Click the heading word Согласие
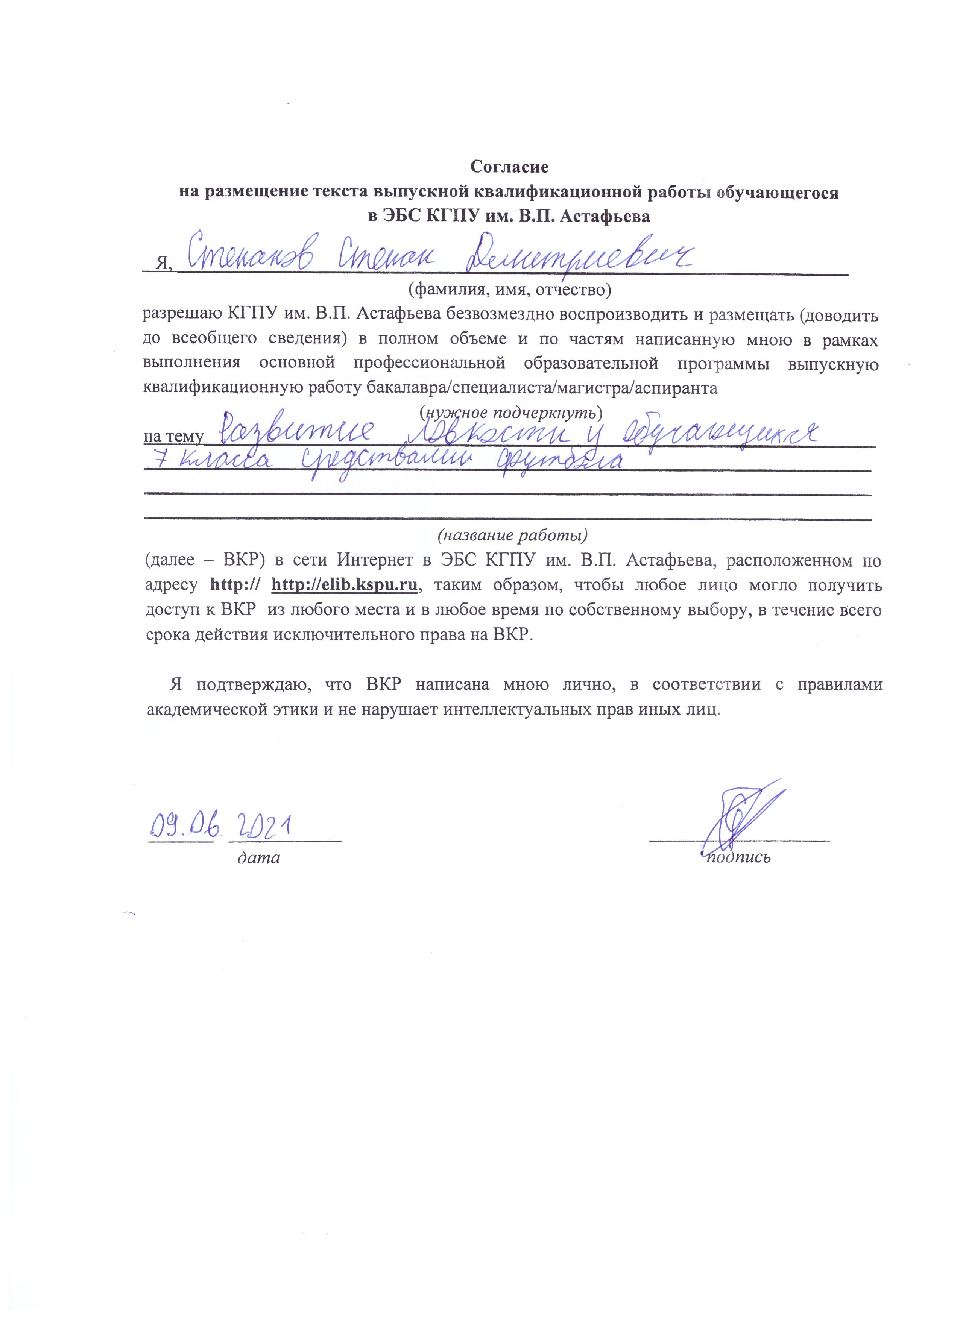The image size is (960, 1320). click(x=509, y=167)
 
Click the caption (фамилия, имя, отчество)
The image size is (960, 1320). click(x=509, y=288)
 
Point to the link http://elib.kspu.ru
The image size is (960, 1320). click(x=345, y=585)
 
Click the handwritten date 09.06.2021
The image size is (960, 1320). click(x=221, y=827)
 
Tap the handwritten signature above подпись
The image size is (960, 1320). click(x=739, y=815)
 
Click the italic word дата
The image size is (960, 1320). click(x=258, y=858)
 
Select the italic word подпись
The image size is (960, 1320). click(x=738, y=858)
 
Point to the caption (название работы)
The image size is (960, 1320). click(x=512, y=534)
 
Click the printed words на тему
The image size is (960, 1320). click(x=173, y=437)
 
